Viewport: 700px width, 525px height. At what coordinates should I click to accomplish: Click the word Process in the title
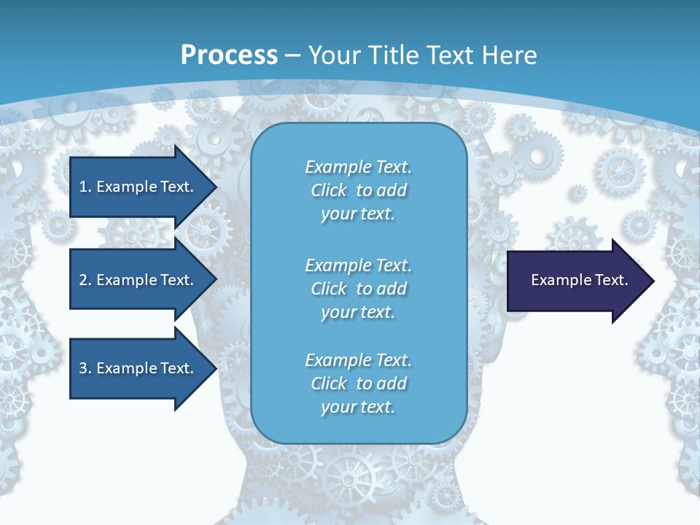[229, 55]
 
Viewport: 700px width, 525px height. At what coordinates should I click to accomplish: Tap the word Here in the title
[510, 55]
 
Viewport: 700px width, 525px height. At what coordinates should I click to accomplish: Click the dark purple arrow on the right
[576, 281]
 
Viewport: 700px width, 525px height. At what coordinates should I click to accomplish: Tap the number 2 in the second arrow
[83, 280]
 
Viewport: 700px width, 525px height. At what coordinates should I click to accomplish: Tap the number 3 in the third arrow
[83, 368]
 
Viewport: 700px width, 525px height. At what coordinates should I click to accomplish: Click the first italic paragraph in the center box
[358, 190]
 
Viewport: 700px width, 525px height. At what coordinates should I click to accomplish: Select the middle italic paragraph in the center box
[358, 288]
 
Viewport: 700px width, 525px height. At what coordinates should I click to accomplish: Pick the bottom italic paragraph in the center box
[358, 384]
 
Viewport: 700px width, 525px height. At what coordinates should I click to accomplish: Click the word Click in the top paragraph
[328, 190]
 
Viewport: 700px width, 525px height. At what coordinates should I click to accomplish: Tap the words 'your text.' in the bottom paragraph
[358, 407]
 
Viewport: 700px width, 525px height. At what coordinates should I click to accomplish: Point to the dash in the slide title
[292, 55]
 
